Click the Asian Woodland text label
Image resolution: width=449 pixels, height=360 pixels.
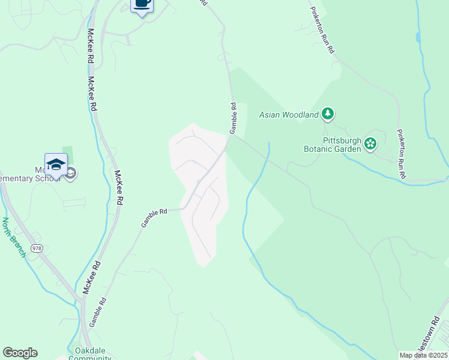tap(288, 114)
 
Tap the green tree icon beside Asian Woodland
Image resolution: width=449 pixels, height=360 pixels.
tap(327, 113)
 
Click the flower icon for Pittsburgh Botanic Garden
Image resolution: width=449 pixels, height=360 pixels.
tap(370, 143)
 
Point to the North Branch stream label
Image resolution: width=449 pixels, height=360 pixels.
tap(13, 237)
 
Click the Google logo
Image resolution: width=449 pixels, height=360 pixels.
tap(20, 353)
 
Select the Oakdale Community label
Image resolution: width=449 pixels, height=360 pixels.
tap(90, 355)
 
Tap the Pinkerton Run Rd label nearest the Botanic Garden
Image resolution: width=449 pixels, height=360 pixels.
tap(400, 154)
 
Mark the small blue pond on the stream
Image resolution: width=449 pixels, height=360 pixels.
tap(418, 37)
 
